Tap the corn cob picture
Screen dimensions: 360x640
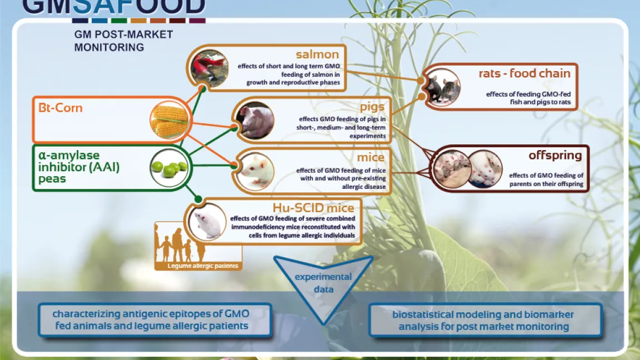[169, 121]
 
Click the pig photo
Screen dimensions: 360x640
[255, 120]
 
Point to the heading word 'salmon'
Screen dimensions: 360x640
[317, 54]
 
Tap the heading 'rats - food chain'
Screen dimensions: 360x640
[524, 73]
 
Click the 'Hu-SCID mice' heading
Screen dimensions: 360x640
[313, 208]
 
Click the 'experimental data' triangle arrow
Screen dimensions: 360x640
[323, 283]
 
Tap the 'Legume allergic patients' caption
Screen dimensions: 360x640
[203, 266]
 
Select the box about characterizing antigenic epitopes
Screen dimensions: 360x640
[154, 319]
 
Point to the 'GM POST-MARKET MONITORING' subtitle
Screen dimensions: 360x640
[123, 41]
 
